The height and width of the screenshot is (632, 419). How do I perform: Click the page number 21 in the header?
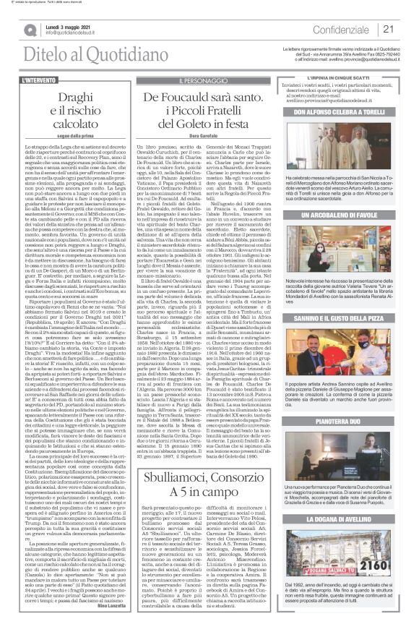tap(388, 30)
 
